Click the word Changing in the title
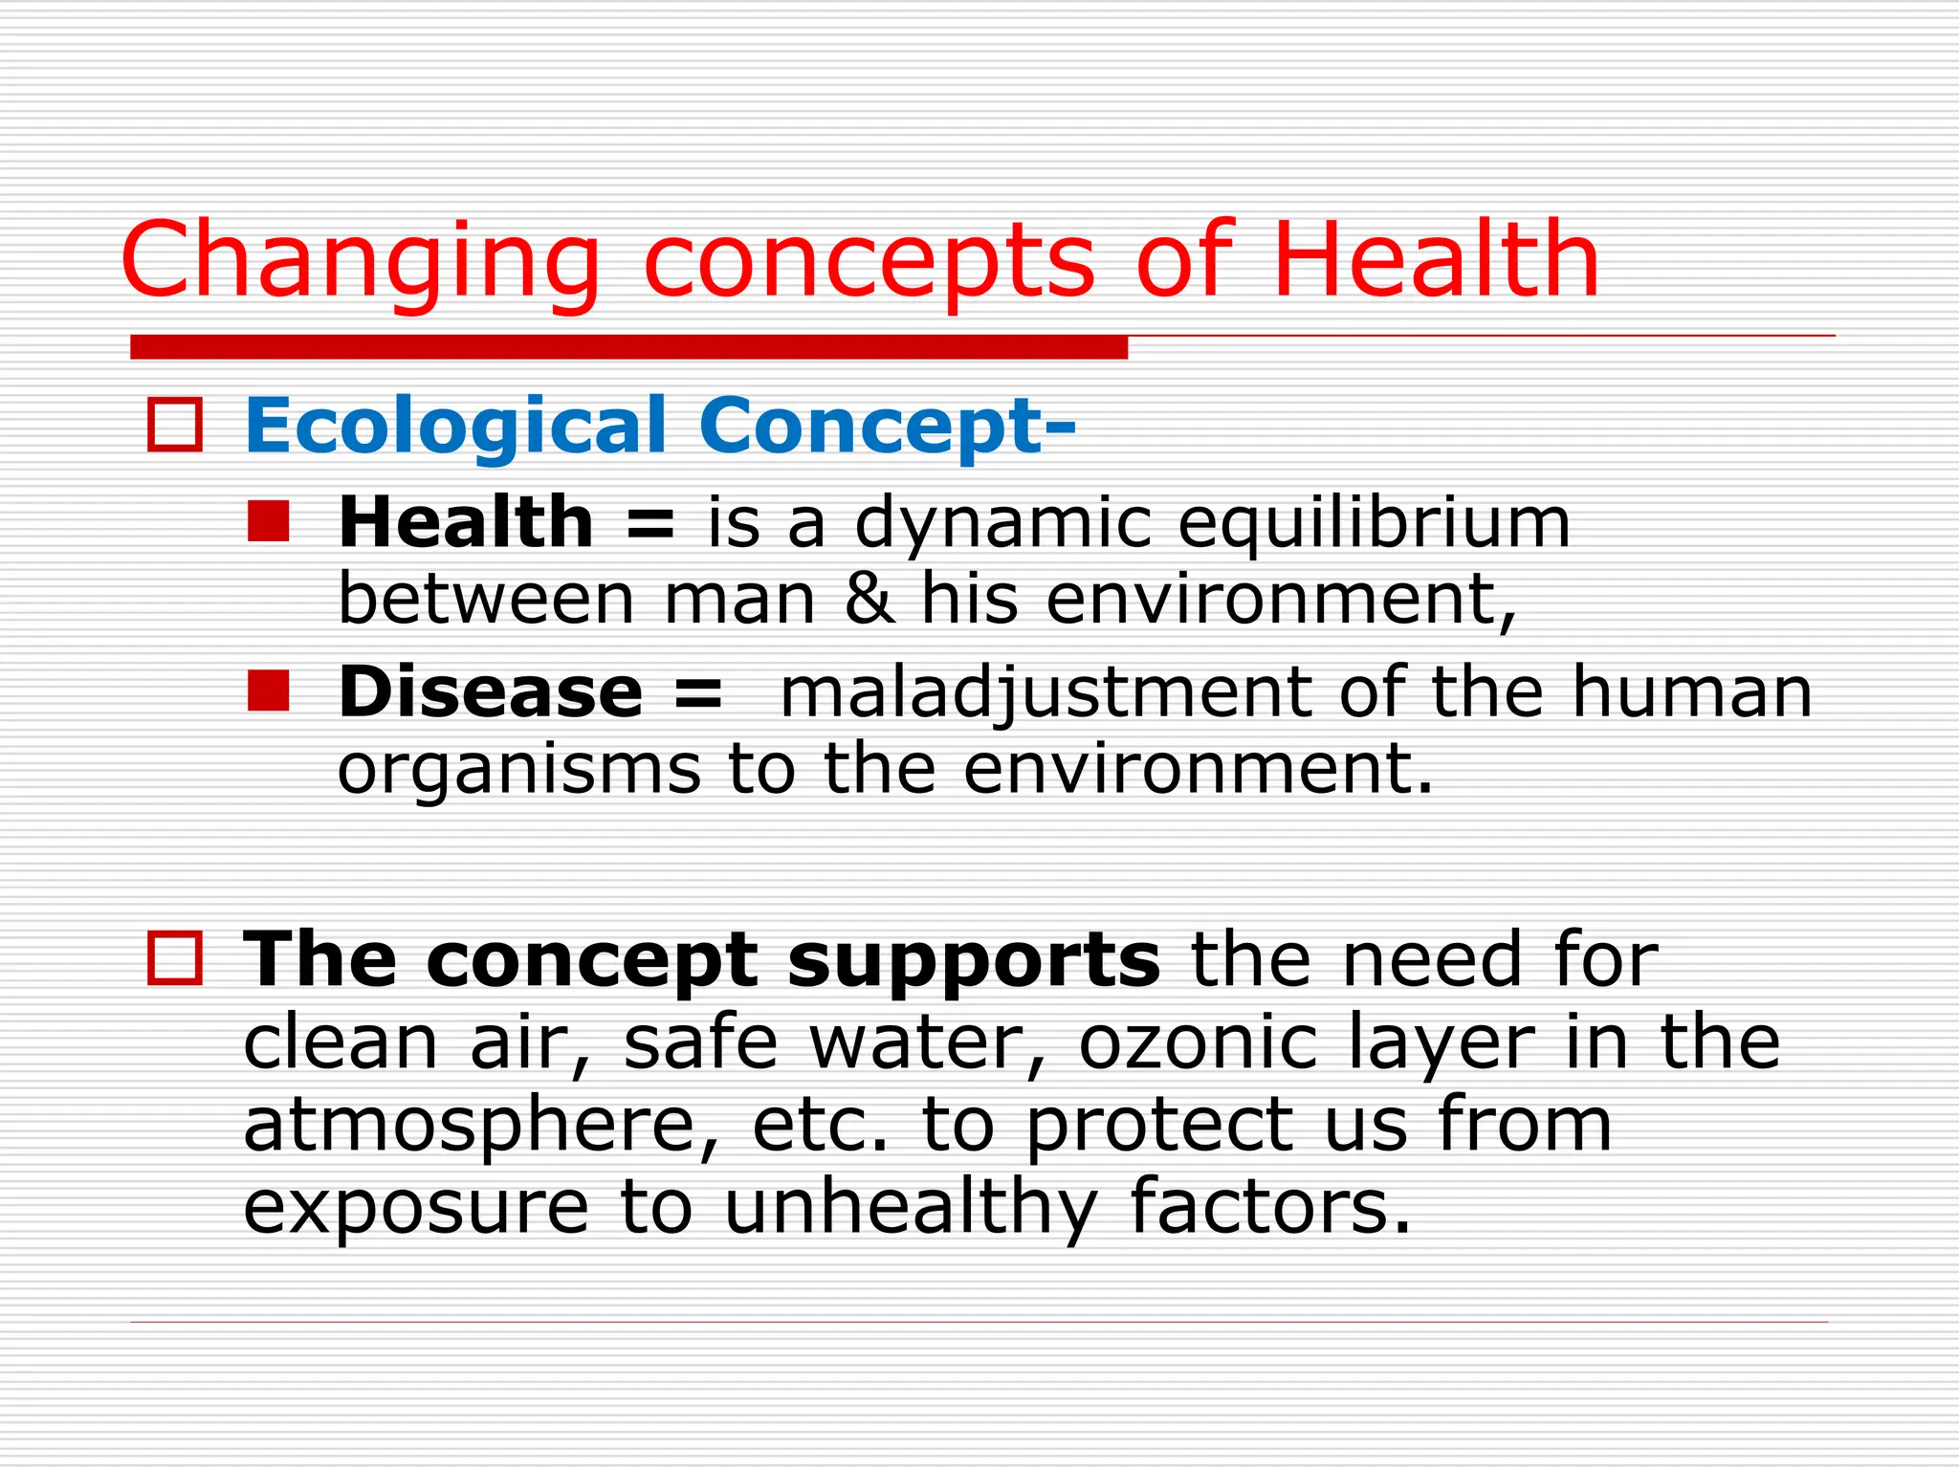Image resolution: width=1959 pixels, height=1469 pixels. click(x=360, y=261)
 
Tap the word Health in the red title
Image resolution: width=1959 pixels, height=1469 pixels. click(x=1435, y=259)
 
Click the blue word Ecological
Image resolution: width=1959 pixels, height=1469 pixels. click(x=455, y=426)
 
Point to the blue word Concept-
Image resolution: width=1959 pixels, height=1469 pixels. click(x=887, y=426)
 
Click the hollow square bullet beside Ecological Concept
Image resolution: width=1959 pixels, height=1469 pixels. click(x=175, y=425)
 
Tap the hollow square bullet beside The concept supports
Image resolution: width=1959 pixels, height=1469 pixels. click(x=175, y=958)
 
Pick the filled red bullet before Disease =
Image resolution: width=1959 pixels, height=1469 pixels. click(x=268, y=691)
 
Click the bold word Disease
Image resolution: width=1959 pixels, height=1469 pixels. click(x=490, y=692)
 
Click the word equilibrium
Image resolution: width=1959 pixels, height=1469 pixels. click(x=1374, y=524)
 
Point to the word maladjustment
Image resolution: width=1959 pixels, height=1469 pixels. click(x=1046, y=692)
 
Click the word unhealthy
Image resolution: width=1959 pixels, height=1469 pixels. click(x=910, y=1208)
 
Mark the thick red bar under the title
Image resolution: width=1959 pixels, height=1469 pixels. click(x=628, y=347)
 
